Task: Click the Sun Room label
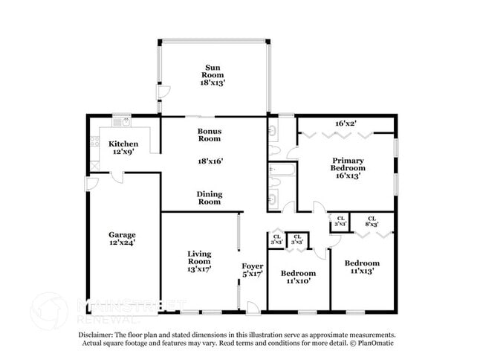click(x=212, y=71)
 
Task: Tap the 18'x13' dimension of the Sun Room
click(x=212, y=83)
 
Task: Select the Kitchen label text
click(x=123, y=144)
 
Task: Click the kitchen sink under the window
click(x=127, y=120)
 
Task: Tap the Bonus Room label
click(x=209, y=135)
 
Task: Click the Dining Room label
click(x=209, y=198)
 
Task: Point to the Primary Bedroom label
click(x=348, y=164)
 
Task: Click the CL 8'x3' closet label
click(x=372, y=221)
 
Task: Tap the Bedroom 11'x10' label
click(x=297, y=277)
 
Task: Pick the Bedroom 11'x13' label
click(x=362, y=267)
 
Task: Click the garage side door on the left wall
click(x=91, y=184)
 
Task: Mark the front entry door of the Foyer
click(x=253, y=307)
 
